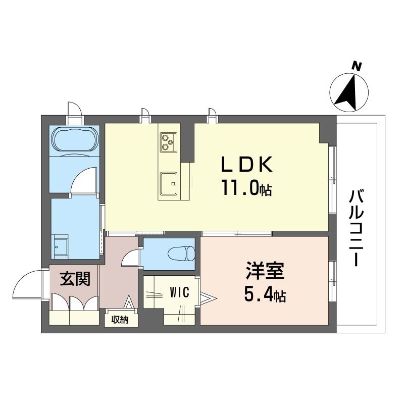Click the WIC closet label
(x=180, y=292)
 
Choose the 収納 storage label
(x=120, y=320)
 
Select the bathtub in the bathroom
(x=75, y=139)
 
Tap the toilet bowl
(x=181, y=254)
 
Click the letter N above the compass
(x=357, y=67)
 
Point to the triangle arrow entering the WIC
(x=208, y=298)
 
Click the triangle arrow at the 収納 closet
(x=129, y=302)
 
